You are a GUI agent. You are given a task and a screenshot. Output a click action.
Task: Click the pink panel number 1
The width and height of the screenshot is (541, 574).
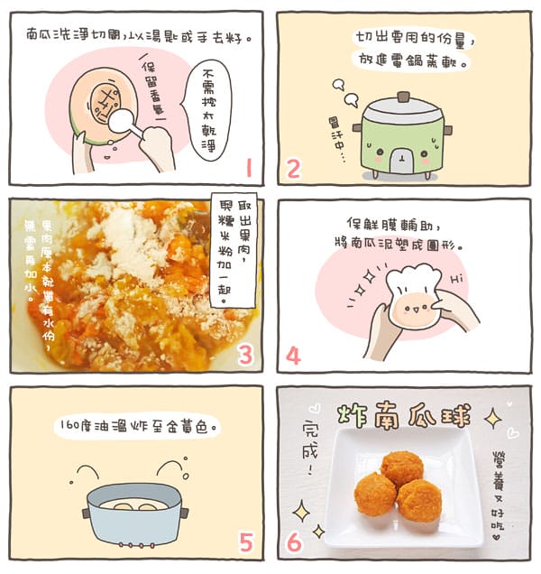click(248, 168)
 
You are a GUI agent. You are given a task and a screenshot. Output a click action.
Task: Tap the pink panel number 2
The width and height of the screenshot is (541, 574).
click(293, 168)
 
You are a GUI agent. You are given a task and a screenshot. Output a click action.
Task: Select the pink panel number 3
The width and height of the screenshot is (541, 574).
click(244, 356)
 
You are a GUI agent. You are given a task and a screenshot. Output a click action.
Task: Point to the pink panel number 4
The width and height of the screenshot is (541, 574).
click(293, 356)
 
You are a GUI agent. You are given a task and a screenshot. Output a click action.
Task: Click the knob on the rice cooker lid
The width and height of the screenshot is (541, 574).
click(403, 97)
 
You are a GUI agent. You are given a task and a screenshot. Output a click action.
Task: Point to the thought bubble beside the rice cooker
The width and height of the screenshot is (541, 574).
click(340, 88)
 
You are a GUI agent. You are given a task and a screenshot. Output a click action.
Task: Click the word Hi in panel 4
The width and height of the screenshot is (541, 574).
click(454, 280)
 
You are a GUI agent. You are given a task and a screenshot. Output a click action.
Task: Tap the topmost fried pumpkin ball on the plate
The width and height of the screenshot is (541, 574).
click(401, 468)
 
